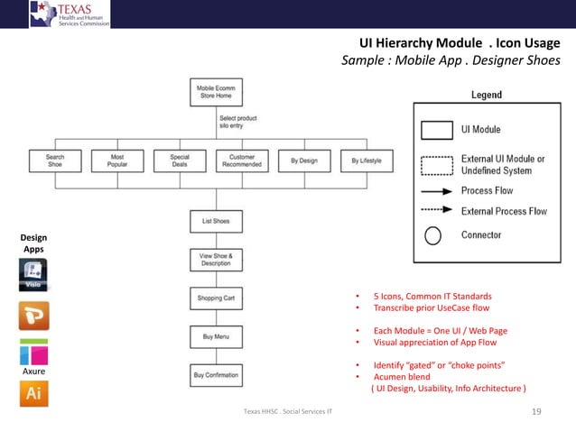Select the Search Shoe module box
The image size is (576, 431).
tap(55, 160)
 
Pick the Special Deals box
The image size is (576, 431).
tap(179, 160)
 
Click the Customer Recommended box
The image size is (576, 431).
tap(242, 160)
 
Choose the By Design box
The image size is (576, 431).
tap(304, 160)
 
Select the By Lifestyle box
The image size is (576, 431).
tap(367, 160)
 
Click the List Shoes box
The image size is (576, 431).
tap(216, 221)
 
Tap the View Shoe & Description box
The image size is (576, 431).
tap(216, 260)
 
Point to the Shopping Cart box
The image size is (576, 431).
tap(216, 298)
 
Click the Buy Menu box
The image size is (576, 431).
tap(216, 336)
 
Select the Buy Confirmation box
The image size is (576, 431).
tap(216, 374)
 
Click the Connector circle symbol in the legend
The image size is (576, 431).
tap(433, 236)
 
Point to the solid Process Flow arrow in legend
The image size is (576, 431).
tap(436, 191)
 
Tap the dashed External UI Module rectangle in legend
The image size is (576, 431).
tap(436, 164)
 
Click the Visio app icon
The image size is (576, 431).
tap(33, 274)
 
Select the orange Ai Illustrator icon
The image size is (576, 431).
tap(33, 394)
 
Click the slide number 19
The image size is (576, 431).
tap(536, 412)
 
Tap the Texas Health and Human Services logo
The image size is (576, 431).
tap(70, 14)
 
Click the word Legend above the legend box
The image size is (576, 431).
tap(487, 95)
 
